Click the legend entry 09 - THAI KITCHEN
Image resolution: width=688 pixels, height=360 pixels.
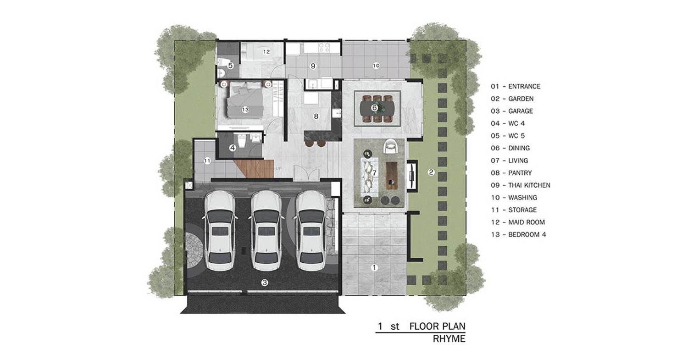pyautogui.click(x=520, y=185)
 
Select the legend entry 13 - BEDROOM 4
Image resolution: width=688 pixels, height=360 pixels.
pyautogui.click(x=518, y=235)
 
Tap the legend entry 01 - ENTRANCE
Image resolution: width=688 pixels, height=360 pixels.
pyautogui.click(x=516, y=86)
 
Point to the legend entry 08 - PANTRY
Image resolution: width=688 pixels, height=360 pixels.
pyautogui.click(x=511, y=173)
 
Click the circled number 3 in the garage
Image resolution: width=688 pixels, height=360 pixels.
pyautogui.click(x=265, y=282)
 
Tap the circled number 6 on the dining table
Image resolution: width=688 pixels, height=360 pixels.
pyautogui.click(x=374, y=108)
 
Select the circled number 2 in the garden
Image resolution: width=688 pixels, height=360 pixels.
pyautogui.click(x=431, y=172)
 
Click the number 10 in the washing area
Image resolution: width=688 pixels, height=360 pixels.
pyautogui.click(x=376, y=66)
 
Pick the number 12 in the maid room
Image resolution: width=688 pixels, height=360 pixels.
pyautogui.click(x=266, y=52)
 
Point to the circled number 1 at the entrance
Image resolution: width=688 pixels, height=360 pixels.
pyautogui.click(x=374, y=268)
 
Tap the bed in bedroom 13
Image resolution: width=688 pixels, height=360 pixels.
pyautogui.click(x=245, y=102)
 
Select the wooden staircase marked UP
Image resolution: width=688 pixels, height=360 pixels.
pyautogui.click(x=255, y=168)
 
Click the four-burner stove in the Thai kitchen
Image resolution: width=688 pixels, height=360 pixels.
pyautogui.click(x=324, y=47)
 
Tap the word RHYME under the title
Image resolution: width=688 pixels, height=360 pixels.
pyautogui.click(x=449, y=339)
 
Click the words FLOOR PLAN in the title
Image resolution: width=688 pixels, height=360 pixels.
pyautogui.click(x=438, y=326)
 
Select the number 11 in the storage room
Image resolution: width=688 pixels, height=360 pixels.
pyautogui.click(x=207, y=161)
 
